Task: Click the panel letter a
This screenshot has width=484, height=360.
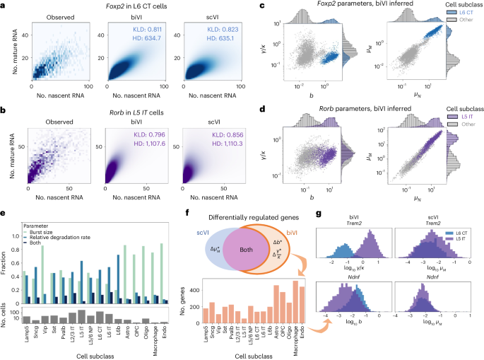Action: (x=4, y=6)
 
